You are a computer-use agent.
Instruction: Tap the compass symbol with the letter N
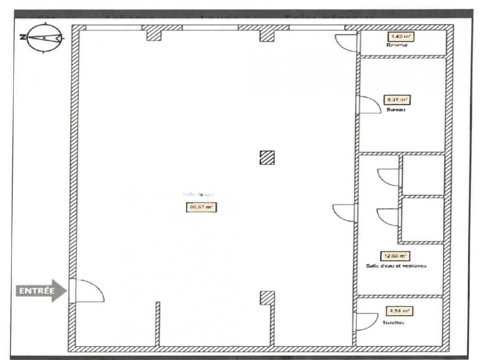click(x=44, y=37)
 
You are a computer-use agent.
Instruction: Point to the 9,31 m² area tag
click(x=397, y=100)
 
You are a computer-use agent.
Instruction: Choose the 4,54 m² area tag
click(x=399, y=311)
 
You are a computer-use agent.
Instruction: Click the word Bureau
click(x=396, y=110)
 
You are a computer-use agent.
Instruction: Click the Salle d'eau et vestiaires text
click(x=396, y=265)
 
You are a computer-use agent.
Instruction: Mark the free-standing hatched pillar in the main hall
click(x=267, y=157)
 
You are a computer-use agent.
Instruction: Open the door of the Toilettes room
click(x=366, y=322)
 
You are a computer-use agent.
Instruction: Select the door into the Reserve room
click(x=347, y=43)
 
